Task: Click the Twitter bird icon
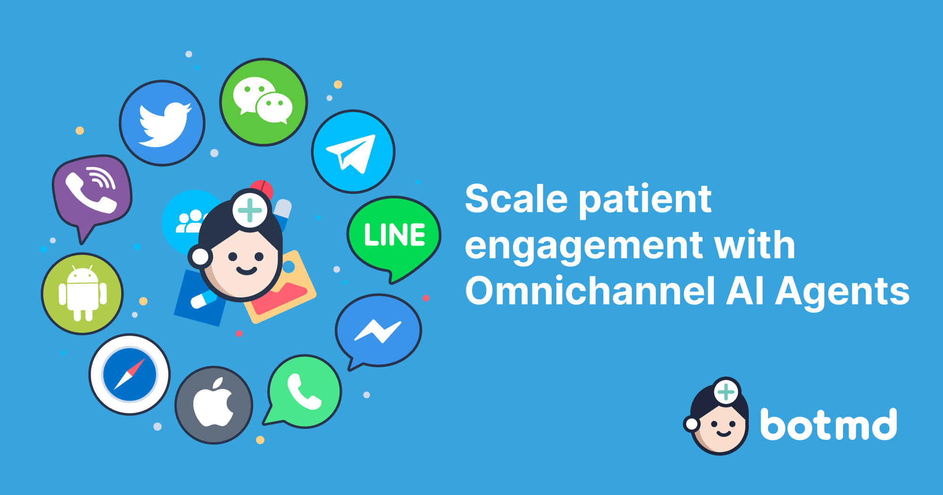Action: [163, 123]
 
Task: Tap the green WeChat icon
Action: [264, 102]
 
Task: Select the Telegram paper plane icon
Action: [353, 152]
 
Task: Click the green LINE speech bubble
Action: [394, 236]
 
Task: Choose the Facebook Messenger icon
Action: [378, 330]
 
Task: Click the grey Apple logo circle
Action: [214, 405]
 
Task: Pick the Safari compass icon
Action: [130, 374]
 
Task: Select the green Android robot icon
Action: [83, 294]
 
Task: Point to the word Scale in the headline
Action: [516, 199]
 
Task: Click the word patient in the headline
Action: [645, 200]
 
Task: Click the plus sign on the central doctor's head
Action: [250, 210]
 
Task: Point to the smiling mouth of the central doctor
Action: [246, 271]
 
